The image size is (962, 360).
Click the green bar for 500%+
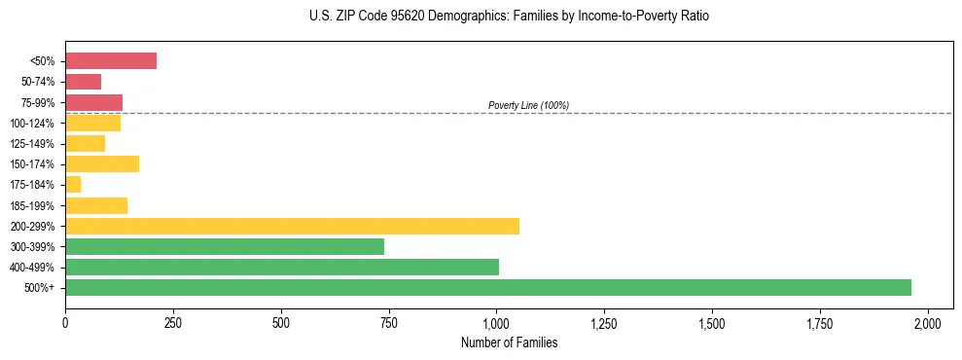point(488,288)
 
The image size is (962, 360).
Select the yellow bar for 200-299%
point(292,226)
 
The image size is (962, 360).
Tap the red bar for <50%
point(111,60)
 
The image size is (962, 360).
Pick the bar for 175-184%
point(73,185)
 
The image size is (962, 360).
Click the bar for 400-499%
point(282,268)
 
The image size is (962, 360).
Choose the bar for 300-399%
point(225,246)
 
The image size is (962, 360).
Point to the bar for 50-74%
point(83,82)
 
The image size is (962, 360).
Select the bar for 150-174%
point(102,163)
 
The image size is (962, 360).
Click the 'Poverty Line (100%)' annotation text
point(528,105)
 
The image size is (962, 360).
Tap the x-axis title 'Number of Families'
point(509,342)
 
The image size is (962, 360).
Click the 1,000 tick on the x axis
point(496,323)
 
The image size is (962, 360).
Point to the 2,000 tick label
point(928,323)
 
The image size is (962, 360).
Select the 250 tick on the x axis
point(173,323)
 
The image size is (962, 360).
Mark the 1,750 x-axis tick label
point(820,323)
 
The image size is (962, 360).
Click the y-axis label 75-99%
point(39,102)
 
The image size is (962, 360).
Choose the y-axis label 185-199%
point(35,205)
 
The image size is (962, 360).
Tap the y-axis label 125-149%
point(35,144)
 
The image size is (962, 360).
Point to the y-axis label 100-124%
point(35,123)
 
